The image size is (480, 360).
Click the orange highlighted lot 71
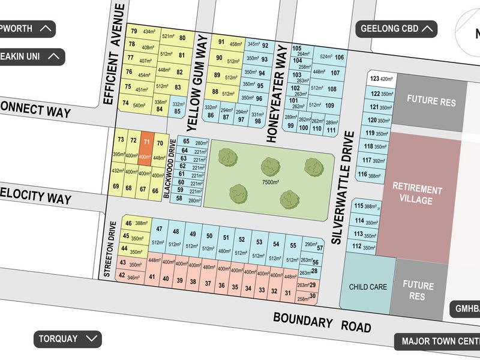(x=145, y=148)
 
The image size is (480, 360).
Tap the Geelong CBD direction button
(x=398, y=28)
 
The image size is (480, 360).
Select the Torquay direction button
(x=66, y=339)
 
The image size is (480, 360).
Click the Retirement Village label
(x=417, y=195)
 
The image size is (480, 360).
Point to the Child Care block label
(x=368, y=287)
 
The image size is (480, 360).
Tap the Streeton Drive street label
(x=110, y=247)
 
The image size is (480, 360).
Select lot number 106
(x=340, y=58)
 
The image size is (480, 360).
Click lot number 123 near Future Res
(x=375, y=79)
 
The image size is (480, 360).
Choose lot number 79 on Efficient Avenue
(x=134, y=31)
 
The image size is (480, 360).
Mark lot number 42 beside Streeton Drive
(x=122, y=275)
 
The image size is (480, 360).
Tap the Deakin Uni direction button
(x=30, y=57)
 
